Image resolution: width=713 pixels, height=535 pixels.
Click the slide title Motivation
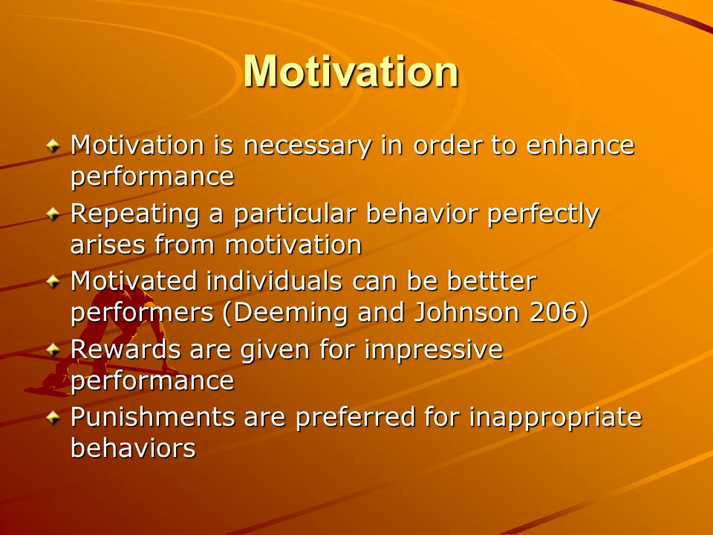pyautogui.click(x=351, y=71)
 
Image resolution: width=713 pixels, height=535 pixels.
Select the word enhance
pyautogui.click(x=580, y=145)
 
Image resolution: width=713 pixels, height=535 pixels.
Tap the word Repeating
pyautogui.click(x=135, y=215)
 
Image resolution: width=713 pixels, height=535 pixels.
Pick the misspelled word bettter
pyautogui.click(x=492, y=281)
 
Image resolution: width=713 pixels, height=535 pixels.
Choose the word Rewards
pyautogui.click(x=126, y=349)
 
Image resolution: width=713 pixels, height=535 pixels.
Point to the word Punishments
pyautogui.click(x=152, y=417)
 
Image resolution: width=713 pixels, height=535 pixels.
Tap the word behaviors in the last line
pyautogui.click(x=133, y=447)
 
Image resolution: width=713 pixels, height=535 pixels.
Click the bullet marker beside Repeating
pyautogui.click(x=53, y=213)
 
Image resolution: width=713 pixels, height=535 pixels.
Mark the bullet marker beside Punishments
pyautogui.click(x=53, y=417)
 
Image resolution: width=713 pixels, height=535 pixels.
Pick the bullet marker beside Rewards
pyautogui.click(x=53, y=349)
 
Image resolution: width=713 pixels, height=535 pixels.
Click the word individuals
pyautogui.click(x=274, y=281)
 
